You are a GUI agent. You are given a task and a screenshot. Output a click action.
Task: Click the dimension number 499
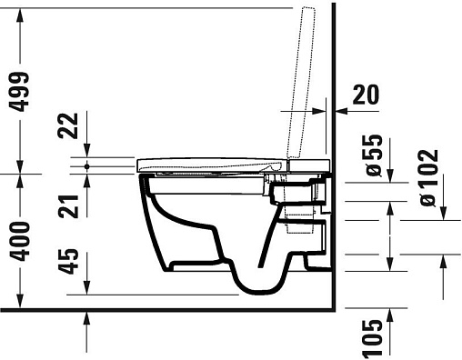pos(19,92)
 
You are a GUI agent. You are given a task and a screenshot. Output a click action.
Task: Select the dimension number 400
pos(19,241)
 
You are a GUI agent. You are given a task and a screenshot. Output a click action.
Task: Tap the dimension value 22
pos(68,125)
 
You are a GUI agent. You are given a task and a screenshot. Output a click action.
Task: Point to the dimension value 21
pos(68,206)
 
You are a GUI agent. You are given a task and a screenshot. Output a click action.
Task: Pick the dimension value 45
pos(68,261)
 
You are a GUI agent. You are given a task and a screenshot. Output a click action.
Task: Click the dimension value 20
pos(366,95)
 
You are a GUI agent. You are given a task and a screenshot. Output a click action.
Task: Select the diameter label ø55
pos(374,155)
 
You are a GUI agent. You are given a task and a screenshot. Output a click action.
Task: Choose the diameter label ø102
pos(429,177)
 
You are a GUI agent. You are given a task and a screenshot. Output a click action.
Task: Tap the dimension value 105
pos(372,337)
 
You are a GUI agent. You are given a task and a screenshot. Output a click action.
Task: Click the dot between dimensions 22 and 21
pos(87,166)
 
